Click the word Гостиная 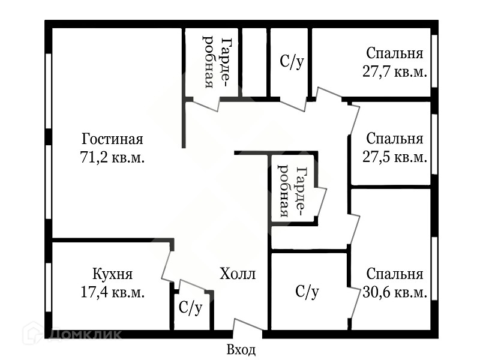[113, 140]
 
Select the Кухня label [112, 275]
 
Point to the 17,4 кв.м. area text [112, 292]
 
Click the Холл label [238, 275]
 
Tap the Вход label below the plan [241, 350]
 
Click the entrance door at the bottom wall [247, 328]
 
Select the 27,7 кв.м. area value [394, 71]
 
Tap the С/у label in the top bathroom [292, 62]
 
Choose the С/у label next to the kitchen [191, 308]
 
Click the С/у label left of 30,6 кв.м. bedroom [307, 292]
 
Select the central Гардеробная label [295, 191]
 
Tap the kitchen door [167, 265]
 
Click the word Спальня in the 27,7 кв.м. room [394, 53]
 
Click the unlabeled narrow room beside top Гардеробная [254, 62]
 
